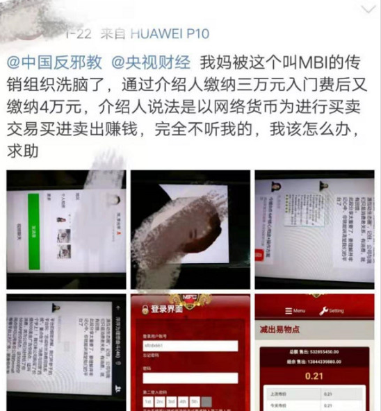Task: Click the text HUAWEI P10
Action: [170, 33]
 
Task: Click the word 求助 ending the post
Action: [23, 150]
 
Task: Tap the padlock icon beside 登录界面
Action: [145, 310]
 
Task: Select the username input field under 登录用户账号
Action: [190, 346]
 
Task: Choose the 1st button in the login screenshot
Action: [148, 402]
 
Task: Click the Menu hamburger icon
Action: [286, 311]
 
